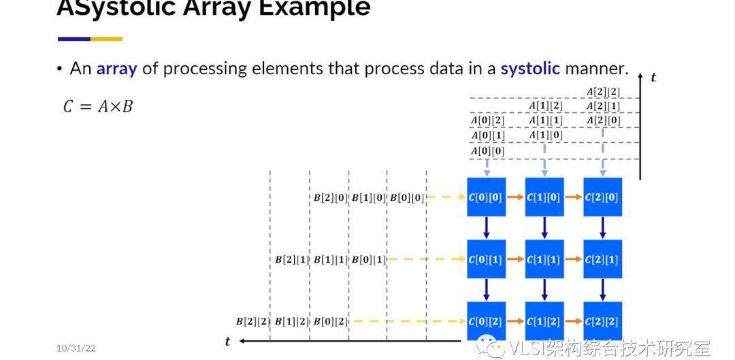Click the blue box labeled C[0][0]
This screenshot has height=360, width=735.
click(486, 197)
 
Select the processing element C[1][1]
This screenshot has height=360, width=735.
click(544, 259)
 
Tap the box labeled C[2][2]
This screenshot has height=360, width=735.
click(602, 321)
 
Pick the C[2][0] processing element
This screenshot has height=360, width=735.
click(602, 197)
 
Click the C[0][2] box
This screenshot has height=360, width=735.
click(486, 321)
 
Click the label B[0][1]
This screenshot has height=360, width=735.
click(368, 259)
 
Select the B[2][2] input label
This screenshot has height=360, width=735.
click(252, 321)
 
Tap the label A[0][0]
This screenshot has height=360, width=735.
click(487, 151)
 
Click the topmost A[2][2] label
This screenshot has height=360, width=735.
click(604, 91)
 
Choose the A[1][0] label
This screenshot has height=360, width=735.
click(546, 135)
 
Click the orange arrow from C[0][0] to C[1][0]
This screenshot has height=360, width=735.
click(515, 197)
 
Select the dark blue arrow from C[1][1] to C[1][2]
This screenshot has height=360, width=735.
click(544, 290)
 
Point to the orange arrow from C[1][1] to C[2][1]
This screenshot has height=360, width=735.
click(574, 259)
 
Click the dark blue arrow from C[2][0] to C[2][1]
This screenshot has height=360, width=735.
click(602, 228)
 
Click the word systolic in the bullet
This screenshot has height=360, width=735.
click(529, 69)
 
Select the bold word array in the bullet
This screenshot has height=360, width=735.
click(116, 69)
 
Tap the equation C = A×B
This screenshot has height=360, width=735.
click(97, 106)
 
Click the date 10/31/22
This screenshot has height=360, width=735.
click(76, 348)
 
